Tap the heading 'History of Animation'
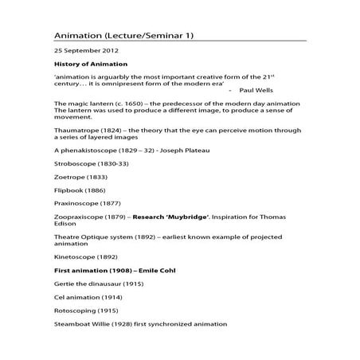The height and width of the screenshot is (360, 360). (x=89, y=64)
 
